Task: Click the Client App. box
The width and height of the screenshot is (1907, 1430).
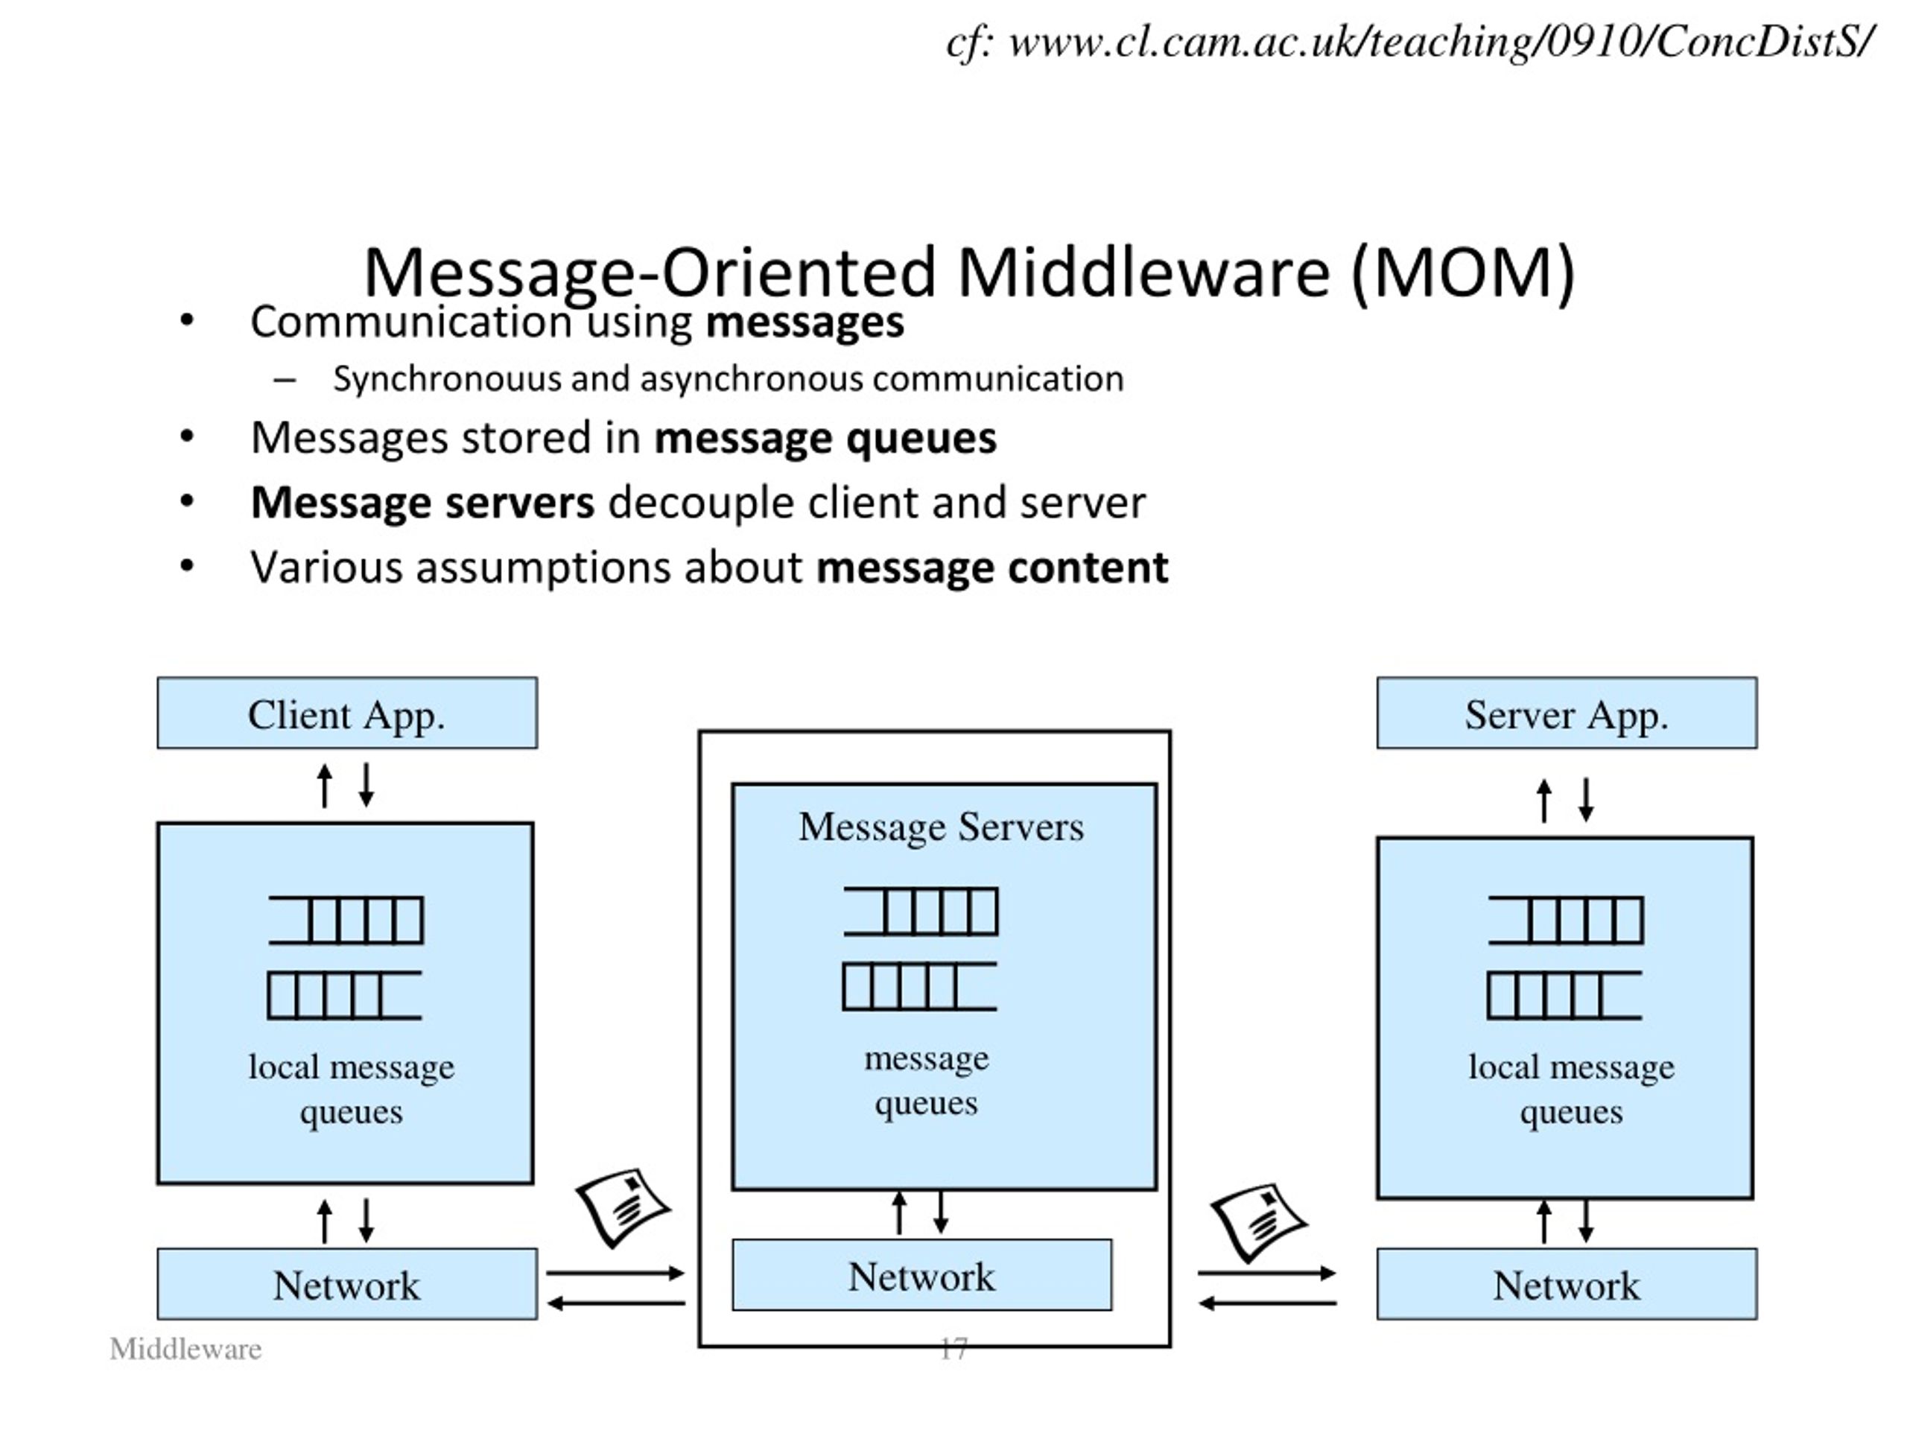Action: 346,713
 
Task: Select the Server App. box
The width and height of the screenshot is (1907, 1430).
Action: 1566,713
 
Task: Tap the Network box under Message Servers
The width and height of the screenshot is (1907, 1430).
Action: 921,1275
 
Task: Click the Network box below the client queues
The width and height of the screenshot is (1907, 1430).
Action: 346,1283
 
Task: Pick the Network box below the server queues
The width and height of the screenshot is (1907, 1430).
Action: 1566,1283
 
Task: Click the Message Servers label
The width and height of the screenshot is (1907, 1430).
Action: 941,827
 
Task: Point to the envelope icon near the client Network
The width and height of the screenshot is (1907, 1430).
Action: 623,1207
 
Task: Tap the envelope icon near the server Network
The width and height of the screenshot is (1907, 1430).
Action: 1258,1221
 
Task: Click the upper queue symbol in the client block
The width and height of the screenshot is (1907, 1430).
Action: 346,920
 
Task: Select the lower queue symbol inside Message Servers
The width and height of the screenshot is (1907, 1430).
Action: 919,986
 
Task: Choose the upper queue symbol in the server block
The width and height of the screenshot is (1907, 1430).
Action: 1566,920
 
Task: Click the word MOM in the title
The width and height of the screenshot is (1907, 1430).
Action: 1463,273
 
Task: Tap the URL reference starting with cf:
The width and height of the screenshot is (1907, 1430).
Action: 1409,42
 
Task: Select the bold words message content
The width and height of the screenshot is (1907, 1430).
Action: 991,568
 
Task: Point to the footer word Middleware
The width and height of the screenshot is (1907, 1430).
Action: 185,1349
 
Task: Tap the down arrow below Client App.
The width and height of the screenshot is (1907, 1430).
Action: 367,785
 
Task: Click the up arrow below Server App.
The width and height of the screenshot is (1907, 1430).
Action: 1544,801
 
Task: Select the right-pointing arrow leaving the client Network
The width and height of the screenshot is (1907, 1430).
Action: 615,1272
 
